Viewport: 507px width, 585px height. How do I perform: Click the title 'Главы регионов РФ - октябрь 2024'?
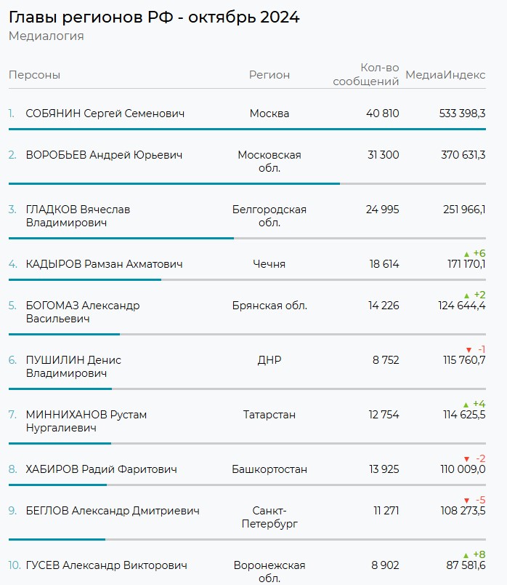(x=154, y=17)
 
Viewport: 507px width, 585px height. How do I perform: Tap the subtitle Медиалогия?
(x=46, y=36)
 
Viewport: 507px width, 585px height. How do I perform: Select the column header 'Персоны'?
(x=34, y=75)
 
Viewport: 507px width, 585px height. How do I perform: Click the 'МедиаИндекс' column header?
(x=445, y=75)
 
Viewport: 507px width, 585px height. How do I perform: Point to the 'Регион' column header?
(x=269, y=75)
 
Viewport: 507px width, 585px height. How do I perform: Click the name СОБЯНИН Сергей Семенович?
(x=105, y=114)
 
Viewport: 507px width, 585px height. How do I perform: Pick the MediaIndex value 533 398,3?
(x=463, y=114)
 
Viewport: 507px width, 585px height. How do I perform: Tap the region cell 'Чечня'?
(x=269, y=264)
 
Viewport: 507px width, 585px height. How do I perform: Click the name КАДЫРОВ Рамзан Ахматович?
(x=104, y=264)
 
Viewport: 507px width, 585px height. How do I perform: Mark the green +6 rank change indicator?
(x=474, y=253)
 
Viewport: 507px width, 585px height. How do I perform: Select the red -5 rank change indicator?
(x=474, y=500)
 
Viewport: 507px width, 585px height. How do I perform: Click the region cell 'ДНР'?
(x=269, y=360)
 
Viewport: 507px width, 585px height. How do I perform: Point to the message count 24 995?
(x=382, y=210)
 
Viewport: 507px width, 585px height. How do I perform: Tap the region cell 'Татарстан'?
(x=269, y=415)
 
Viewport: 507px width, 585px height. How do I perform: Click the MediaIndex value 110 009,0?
(x=464, y=469)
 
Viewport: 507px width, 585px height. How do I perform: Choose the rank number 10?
(x=15, y=565)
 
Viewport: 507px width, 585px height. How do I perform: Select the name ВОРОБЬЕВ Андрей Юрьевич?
(x=104, y=155)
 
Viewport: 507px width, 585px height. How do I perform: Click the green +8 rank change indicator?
(x=474, y=554)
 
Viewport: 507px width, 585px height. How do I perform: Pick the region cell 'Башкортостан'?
(x=269, y=469)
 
